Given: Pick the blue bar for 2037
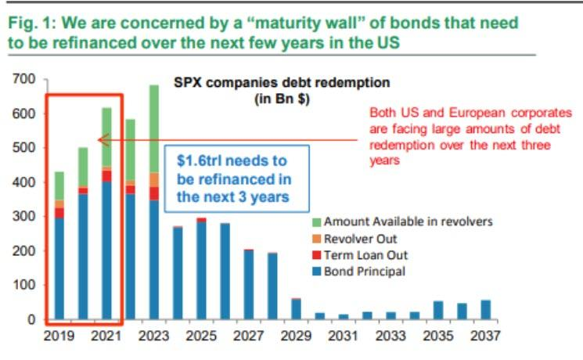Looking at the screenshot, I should pyautogui.click(x=485, y=310).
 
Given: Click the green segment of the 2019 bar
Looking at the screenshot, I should pyautogui.click(x=59, y=185).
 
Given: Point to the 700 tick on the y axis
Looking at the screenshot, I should pyautogui.click(x=24, y=80).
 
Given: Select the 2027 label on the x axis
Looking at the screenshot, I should pyautogui.click(x=249, y=337).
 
